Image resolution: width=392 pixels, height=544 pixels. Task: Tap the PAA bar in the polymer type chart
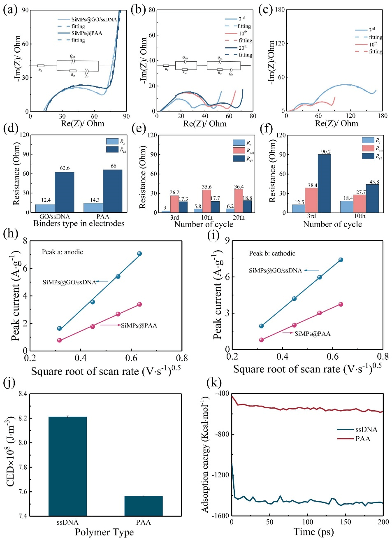(x=144, y=506)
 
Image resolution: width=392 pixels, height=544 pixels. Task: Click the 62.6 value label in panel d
(x=65, y=168)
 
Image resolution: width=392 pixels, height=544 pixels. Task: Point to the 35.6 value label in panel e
(x=207, y=187)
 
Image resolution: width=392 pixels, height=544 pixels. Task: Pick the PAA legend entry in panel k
(x=362, y=439)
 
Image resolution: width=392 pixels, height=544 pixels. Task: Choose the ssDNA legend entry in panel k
(x=366, y=430)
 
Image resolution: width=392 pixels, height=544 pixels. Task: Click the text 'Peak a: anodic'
(x=63, y=252)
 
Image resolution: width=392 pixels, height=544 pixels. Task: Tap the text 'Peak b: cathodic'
(x=272, y=253)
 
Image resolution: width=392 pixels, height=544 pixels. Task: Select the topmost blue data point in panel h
(x=139, y=254)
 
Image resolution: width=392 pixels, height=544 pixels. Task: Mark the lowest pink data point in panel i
(x=262, y=340)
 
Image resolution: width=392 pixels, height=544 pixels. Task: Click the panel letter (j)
(x=9, y=382)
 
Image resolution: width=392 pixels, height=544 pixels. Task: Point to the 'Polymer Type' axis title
(x=104, y=532)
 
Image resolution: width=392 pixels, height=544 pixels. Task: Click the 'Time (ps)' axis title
(x=313, y=532)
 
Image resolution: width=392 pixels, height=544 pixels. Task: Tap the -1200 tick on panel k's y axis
(x=220, y=475)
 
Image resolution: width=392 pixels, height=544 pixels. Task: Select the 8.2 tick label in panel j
(x=23, y=418)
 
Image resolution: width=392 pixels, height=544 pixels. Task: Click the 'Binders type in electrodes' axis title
(x=79, y=223)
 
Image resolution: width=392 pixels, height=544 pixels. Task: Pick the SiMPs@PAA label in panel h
(x=139, y=325)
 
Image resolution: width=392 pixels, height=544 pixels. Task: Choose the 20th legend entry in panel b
(x=243, y=48)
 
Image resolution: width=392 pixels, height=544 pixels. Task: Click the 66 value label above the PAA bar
(x=114, y=166)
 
